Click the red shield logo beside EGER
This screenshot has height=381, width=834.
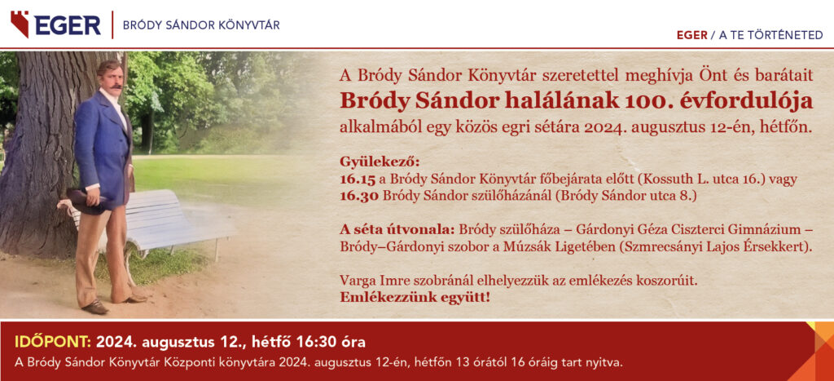tap(20, 24)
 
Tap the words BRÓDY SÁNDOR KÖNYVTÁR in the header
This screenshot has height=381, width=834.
tap(201, 25)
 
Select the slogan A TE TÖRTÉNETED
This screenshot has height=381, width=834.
tap(770, 35)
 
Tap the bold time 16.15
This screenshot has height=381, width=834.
tap(359, 179)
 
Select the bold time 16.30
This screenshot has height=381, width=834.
tap(359, 196)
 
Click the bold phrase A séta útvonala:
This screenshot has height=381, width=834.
tap(397, 231)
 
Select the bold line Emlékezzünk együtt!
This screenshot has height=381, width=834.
tap(415, 297)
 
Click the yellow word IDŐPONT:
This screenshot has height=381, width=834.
tap(53, 342)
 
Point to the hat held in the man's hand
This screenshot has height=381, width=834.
tap(86, 202)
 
